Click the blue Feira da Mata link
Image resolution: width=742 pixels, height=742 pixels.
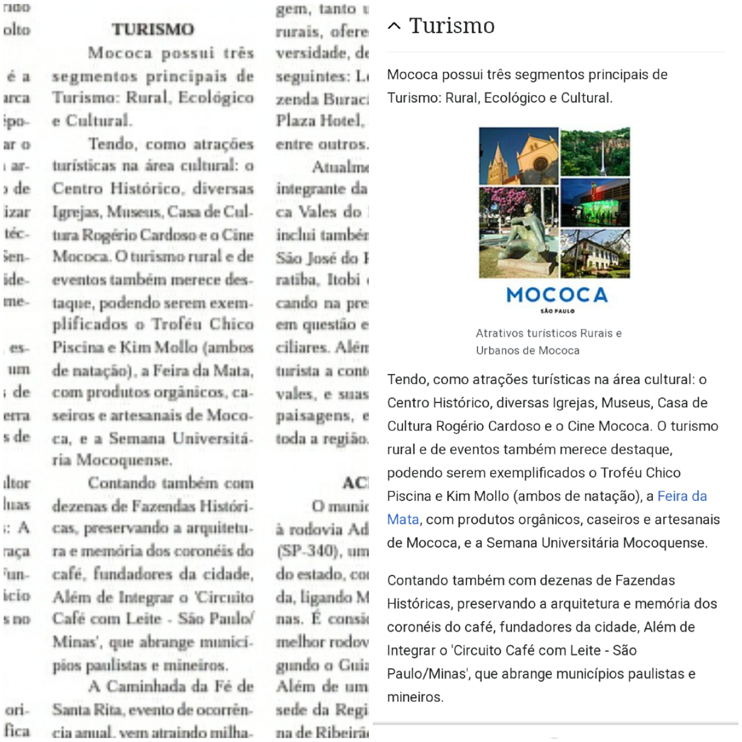tap(682, 496)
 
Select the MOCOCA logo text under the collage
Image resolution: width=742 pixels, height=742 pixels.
tap(557, 295)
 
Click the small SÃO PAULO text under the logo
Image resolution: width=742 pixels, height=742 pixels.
tap(557, 311)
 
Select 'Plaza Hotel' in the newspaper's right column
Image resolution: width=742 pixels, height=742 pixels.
tap(319, 121)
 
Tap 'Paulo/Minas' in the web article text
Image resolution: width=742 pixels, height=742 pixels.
tap(426, 674)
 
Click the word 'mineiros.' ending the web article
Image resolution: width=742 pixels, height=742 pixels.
tap(415, 697)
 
